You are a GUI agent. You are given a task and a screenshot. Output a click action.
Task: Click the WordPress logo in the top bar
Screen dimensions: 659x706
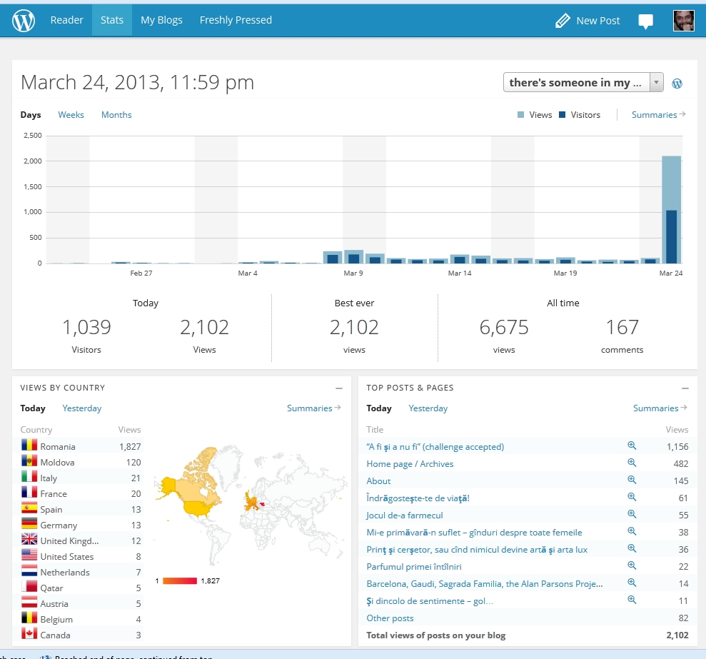[x=24, y=21]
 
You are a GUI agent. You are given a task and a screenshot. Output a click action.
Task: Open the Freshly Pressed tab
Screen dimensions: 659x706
[x=236, y=20]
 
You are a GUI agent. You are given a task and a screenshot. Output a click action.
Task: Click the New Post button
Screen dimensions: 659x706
[x=588, y=21]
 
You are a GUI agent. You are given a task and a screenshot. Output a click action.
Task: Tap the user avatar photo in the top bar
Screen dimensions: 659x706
[x=683, y=21]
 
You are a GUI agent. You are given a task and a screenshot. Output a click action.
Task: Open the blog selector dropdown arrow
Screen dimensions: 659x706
[x=656, y=83]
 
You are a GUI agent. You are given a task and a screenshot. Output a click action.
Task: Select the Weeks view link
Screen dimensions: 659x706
[x=71, y=115]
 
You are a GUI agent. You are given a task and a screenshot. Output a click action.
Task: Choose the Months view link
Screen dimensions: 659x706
[x=116, y=115]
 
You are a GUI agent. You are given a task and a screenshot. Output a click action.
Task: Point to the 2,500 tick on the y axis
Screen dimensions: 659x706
[x=32, y=136]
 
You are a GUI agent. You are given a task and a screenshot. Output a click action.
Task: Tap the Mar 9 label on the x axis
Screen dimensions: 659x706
[x=353, y=273]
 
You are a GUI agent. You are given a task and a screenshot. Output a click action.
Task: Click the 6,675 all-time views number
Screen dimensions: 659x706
[x=504, y=328]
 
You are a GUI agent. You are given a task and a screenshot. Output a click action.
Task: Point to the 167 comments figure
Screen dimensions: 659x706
[x=622, y=328]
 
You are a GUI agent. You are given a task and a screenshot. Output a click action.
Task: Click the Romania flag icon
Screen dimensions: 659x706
[x=29, y=446]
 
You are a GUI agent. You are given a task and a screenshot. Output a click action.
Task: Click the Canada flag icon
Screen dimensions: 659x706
[x=29, y=635]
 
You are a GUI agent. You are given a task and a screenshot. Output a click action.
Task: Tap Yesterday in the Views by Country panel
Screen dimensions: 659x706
[x=82, y=408]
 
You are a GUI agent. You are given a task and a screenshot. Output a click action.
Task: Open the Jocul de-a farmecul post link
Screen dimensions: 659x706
[x=405, y=515]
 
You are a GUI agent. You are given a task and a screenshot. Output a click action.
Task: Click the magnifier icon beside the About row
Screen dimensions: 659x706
[x=632, y=480]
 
